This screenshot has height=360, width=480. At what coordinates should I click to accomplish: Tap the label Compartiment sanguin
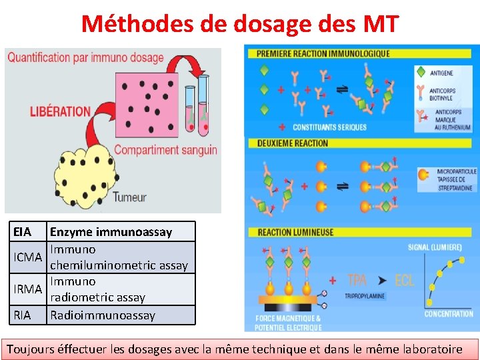click(165, 149)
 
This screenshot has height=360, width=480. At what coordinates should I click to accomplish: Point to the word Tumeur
click(130, 197)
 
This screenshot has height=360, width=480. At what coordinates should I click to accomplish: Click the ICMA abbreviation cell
click(27, 257)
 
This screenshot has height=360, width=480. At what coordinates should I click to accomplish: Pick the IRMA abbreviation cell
click(28, 289)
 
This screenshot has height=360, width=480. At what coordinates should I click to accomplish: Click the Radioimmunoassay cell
click(103, 315)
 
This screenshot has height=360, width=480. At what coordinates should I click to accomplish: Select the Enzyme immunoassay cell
click(111, 232)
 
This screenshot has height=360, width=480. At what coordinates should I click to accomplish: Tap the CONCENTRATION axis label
click(449, 313)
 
